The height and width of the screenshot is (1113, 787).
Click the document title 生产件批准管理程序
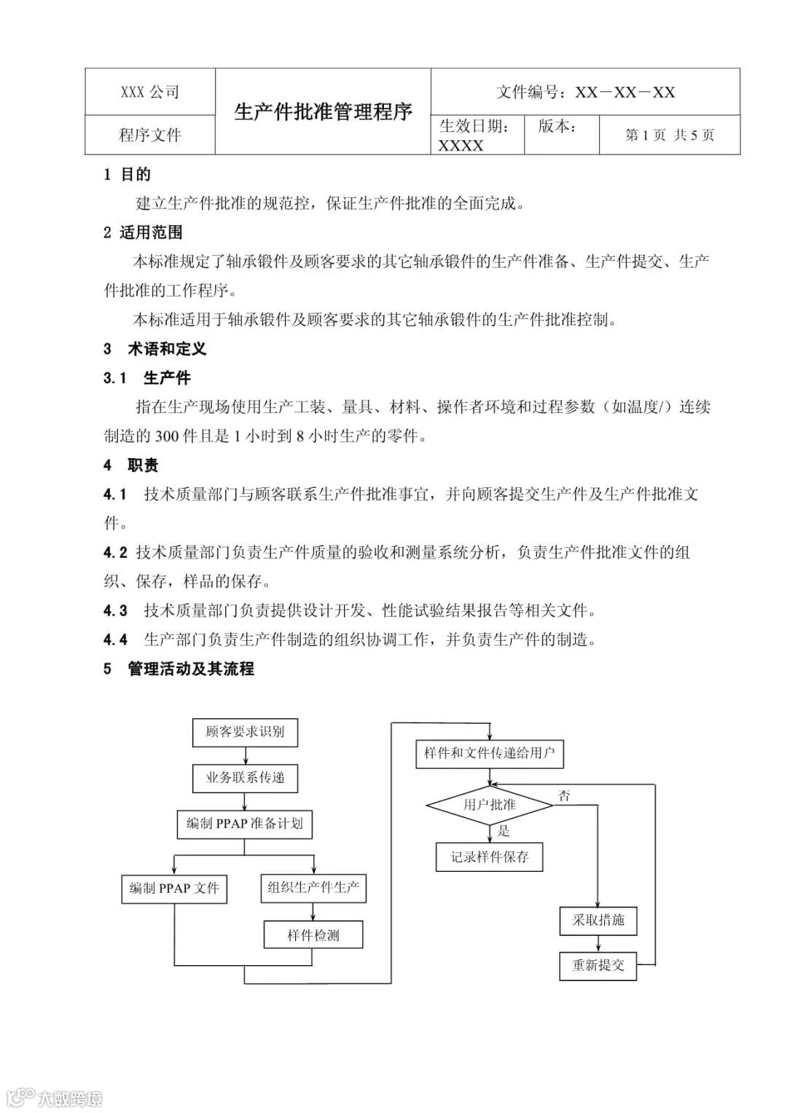point(323,111)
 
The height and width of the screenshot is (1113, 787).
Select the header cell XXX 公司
point(150,92)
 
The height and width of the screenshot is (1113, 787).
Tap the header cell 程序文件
point(150,135)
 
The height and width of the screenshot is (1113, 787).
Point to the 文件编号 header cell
point(585,92)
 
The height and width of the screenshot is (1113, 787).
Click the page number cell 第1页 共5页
point(670,135)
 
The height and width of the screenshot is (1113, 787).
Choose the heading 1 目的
point(128,174)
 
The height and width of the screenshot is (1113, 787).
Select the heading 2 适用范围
point(143,232)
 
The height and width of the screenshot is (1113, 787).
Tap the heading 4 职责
point(131,465)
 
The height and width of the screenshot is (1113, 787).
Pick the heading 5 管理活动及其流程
point(179,669)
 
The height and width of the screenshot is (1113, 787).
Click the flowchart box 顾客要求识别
point(245,732)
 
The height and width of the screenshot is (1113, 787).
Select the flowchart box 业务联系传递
point(245,778)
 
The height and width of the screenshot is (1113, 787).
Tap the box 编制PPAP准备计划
point(245,824)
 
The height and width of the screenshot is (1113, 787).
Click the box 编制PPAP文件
point(174,889)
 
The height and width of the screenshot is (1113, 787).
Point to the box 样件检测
point(313,935)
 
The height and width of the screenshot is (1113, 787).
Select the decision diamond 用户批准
point(490,805)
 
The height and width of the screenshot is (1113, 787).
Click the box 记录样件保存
point(490,857)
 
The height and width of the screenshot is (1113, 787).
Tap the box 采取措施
point(598,920)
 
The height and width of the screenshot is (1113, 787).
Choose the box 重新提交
point(598,965)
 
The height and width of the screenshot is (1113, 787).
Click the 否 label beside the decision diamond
point(564,796)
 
